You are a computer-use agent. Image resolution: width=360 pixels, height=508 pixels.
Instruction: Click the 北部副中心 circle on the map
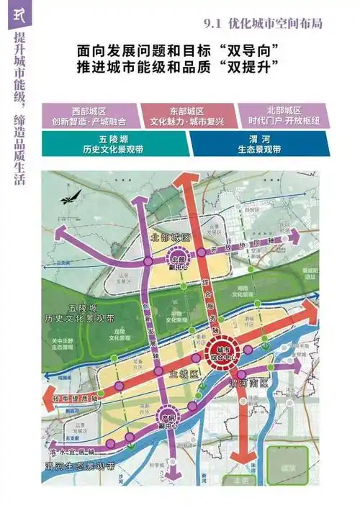click(x=178, y=260)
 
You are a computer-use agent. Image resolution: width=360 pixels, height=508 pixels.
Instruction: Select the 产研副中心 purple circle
click(x=167, y=417)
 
